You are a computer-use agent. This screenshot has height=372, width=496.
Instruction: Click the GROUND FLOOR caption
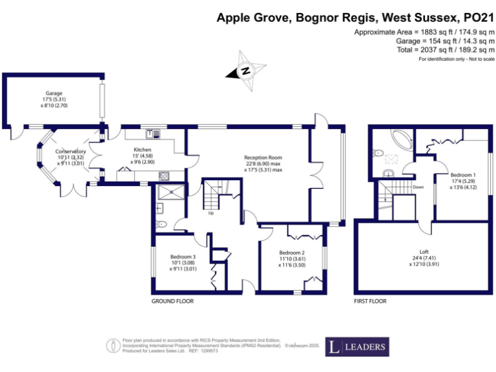pyautogui.click(x=172, y=301)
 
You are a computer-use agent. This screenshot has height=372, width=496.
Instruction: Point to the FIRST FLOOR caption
pyautogui.click(x=370, y=301)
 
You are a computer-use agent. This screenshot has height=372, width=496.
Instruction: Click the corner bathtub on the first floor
pyautogui.click(x=397, y=139)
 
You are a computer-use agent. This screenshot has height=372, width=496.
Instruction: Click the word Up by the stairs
pyautogui.click(x=211, y=212)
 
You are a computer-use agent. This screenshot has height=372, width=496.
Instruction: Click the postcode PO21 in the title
pyautogui.click(x=477, y=19)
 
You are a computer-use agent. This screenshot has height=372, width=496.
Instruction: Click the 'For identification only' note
pyautogui.click(x=456, y=59)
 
